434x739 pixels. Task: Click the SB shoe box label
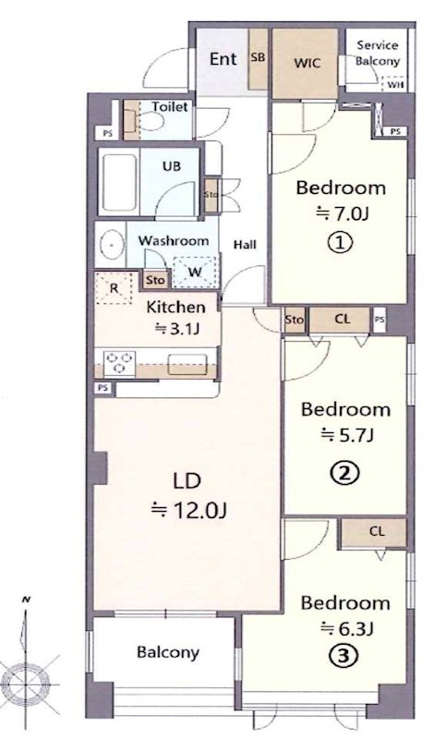coord(258,57)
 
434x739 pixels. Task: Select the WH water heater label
coord(394,85)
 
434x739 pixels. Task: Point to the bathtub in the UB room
coord(120,182)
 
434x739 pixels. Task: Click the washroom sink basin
coord(112,246)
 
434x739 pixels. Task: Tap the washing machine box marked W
coord(195,272)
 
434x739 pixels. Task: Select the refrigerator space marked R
coord(114,288)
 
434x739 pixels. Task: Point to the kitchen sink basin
coord(187,364)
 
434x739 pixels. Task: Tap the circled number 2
coord(345,473)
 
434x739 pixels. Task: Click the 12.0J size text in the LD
coord(189,510)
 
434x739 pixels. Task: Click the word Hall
coord(246,245)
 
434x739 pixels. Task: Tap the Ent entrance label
coord(223,59)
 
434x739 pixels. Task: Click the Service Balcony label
coord(378,54)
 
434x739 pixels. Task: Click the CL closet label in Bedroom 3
coord(377,532)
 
